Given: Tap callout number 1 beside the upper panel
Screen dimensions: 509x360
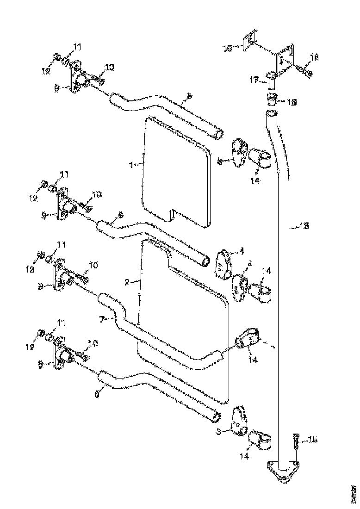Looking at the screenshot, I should point(131,165).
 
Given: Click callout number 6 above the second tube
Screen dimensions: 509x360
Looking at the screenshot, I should point(121,215).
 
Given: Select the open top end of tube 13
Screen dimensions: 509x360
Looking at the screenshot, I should point(271,114).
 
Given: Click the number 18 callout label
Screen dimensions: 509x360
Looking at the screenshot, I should point(314,57).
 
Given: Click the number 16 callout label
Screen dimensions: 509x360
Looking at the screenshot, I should point(292,101).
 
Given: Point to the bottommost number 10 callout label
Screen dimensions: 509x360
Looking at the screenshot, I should point(93,343).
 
